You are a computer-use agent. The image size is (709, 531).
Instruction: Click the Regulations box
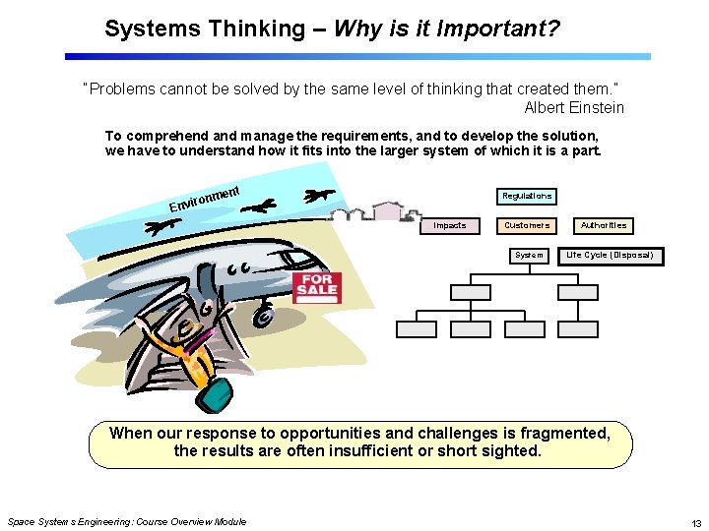527,197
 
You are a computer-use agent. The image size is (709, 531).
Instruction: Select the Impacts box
450,226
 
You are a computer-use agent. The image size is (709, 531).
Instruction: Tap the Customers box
527,226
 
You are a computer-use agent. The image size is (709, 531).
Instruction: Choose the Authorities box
604,226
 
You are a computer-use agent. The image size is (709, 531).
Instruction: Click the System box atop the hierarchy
529,256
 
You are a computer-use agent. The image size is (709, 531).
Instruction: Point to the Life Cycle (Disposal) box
609,256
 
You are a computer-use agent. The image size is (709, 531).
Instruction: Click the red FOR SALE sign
317,285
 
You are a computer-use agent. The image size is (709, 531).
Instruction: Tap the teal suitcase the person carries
214,391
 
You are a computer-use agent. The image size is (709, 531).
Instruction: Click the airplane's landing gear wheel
264,319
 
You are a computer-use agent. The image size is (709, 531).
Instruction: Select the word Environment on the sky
206,194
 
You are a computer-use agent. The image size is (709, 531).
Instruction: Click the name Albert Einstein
574,107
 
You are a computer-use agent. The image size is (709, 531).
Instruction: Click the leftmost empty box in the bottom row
415,329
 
